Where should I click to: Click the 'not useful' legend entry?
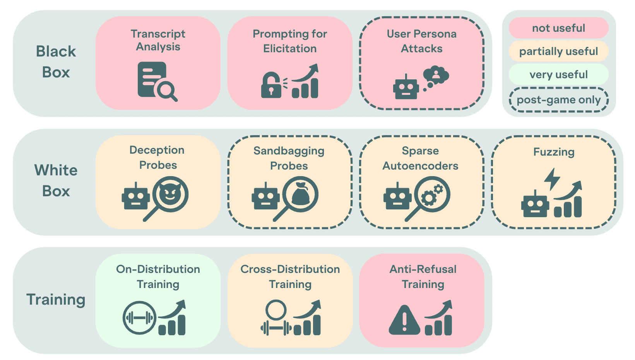558,28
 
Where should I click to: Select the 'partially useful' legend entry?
558,51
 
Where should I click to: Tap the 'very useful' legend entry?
558,74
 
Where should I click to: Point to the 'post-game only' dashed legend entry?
558,100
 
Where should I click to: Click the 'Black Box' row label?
56,62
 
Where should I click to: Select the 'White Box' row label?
56,180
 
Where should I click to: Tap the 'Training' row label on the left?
56,300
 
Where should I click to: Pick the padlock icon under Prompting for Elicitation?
271,85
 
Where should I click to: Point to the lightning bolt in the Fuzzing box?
552,179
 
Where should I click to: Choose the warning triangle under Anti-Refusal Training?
404,320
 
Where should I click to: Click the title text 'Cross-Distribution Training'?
290,276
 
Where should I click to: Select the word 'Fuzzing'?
554,152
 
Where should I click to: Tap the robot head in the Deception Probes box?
136,196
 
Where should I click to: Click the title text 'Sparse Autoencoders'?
420,158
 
